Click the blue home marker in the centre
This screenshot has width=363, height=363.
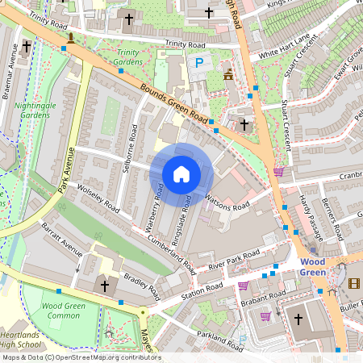[x=181, y=174]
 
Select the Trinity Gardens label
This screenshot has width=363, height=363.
[x=127, y=56]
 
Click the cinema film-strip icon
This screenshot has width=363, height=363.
[x=353, y=282]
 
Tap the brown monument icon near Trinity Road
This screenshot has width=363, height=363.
[x=71, y=37]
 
